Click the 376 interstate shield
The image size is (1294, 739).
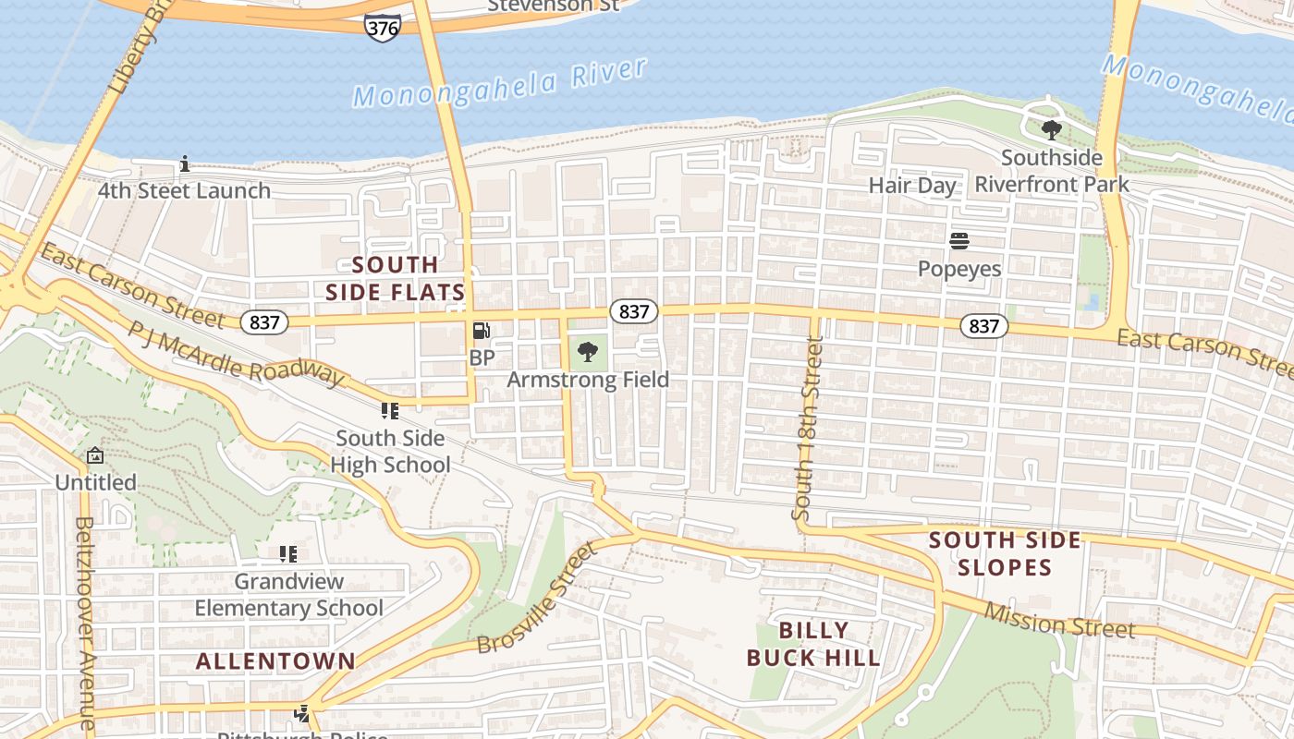(382, 28)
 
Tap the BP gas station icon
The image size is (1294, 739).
(481, 331)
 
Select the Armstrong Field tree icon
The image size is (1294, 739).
(587, 351)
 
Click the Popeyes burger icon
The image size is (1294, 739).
(959, 241)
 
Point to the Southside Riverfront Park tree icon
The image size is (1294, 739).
(1051, 129)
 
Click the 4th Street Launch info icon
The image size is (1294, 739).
(185, 164)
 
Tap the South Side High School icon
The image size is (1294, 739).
(389, 410)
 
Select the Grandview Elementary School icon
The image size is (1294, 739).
(287, 554)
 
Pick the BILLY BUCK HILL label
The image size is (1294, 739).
(813, 644)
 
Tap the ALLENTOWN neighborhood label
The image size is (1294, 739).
(275, 661)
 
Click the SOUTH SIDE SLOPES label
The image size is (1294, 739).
(1005, 553)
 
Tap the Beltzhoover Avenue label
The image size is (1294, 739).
(85, 623)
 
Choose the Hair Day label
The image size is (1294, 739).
(912, 185)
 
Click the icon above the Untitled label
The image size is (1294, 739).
(94, 455)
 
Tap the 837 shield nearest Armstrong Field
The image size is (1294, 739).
(634, 311)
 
